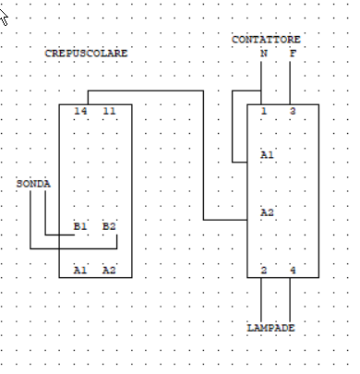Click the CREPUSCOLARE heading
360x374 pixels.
[x=86, y=54]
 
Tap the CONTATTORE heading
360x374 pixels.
[x=266, y=39]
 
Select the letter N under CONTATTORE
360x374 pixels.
[x=264, y=54]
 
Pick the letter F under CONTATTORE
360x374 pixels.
[x=293, y=54]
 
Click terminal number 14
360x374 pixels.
[x=80, y=111]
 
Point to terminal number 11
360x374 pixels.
[x=109, y=111]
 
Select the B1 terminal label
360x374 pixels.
[x=80, y=225]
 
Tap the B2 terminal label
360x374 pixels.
[x=109, y=225]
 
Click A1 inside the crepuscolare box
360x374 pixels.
[x=80, y=270]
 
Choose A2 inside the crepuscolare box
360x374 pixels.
[x=109, y=270]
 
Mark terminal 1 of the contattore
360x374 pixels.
[x=264, y=112]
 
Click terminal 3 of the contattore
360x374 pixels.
[x=293, y=112]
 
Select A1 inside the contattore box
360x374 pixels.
[x=267, y=154]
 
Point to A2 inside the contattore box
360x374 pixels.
[x=267, y=211]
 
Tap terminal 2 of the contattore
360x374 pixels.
[x=264, y=270]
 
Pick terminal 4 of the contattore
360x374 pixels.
[x=293, y=270]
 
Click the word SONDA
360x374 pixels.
[x=33, y=184]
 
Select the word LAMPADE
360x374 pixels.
[x=271, y=328]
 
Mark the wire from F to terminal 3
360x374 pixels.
[x=293, y=83]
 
